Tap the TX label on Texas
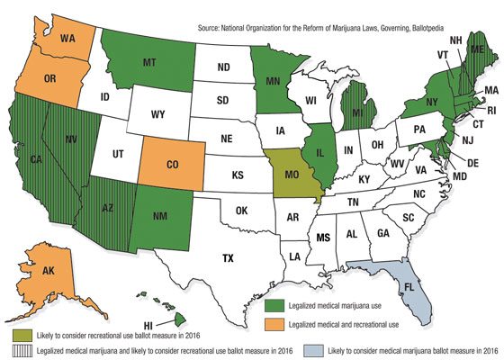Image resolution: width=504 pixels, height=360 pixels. [x=229, y=258]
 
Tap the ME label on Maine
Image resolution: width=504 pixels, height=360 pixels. [x=479, y=50]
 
